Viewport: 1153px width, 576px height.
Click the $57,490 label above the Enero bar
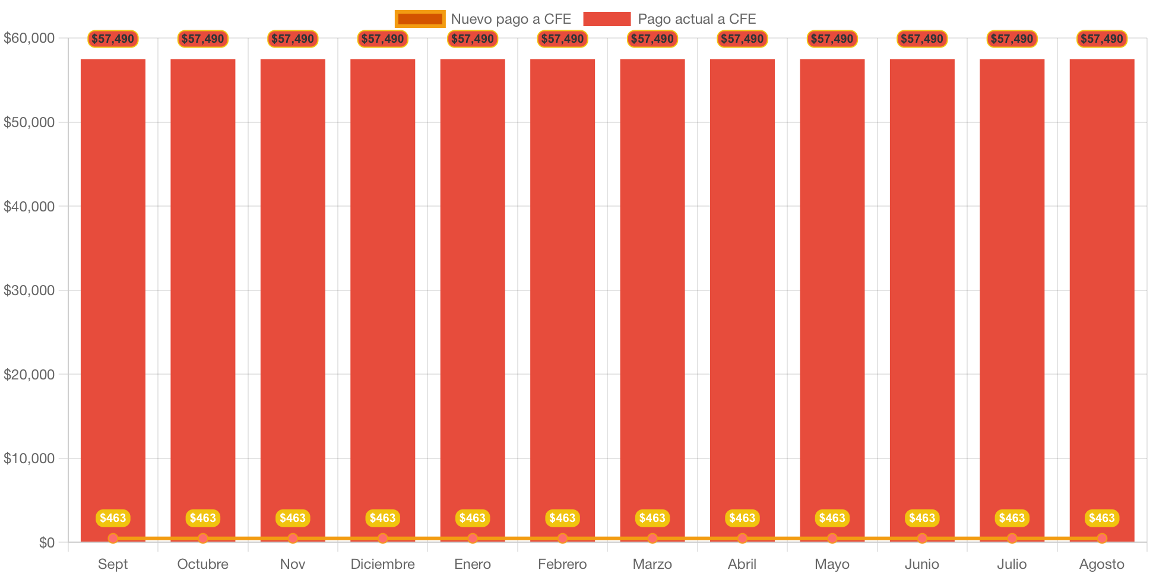pyautogui.click(x=473, y=39)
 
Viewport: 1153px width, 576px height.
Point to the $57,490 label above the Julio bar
pyautogui.click(x=1012, y=39)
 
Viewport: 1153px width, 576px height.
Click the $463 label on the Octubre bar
pyautogui.click(x=203, y=518)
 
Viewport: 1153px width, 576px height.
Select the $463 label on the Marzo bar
pyautogui.click(x=652, y=518)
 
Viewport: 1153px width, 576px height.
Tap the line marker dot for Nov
pyautogui.click(x=293, y=539)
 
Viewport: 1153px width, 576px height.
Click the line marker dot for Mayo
pyautogui.click(x=832, y=539)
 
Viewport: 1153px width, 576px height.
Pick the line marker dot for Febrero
pyautogui.click(x=562, y=539)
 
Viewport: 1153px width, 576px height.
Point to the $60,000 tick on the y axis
pyautogui.click(x=29, y=39)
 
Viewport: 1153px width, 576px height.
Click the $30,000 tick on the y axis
pyautogui.click(x=29, y=290)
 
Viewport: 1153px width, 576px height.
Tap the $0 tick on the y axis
pyautogui.click(x=46, y=543)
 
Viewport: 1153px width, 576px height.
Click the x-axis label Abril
pyautogui.click(x=742, y=564)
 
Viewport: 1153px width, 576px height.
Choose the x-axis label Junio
pyautogui.click(x=922, y=564)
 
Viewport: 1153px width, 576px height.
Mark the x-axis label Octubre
pyautogui.click(x=203, y=564)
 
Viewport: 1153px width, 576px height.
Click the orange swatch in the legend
pyautogui.click(x=420, y=19)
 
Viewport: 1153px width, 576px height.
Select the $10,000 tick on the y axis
pyautogui.click(x=29, y=458)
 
